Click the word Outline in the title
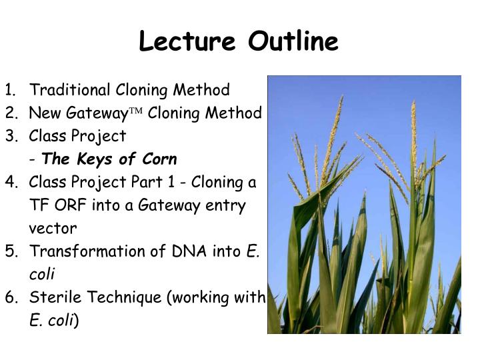pos(294,42)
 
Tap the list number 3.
pos(10,136)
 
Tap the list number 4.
pos(10,182)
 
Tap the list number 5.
pos(10,251)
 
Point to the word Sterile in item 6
pos(51,297)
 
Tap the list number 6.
pos(10,297)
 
